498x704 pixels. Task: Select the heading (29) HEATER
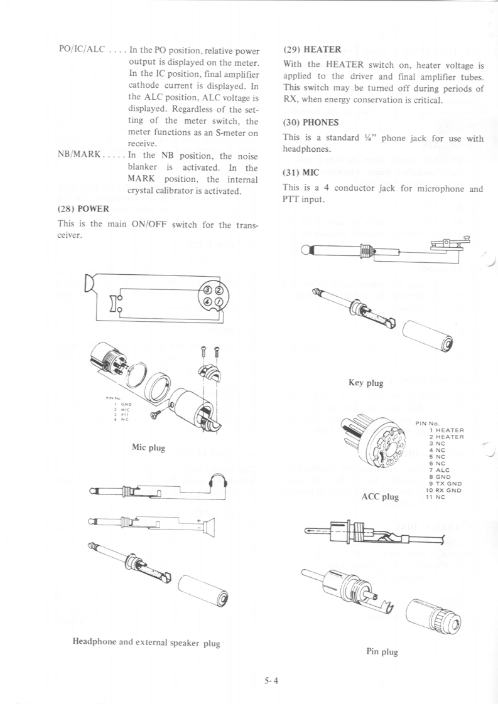[312, 49]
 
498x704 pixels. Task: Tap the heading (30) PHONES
[312, 122]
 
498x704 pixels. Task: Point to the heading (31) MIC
[301, 172]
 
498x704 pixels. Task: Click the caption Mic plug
[148, 447]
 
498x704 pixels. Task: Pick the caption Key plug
[365, 382]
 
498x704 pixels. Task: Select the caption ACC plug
[381, 497]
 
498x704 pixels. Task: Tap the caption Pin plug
[382, 652]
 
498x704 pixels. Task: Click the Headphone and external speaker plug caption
[146, 642]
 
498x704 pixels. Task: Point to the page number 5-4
[271, 680]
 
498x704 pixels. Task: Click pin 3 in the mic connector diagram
[206, 291]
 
